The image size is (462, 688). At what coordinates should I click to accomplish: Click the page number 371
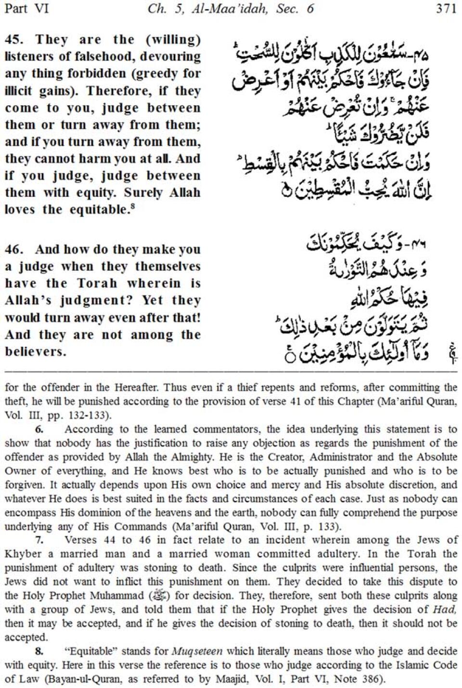point(446,9)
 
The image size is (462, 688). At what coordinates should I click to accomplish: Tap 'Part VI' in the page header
point(26,9)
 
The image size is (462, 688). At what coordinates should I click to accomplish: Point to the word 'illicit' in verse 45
point(18,91)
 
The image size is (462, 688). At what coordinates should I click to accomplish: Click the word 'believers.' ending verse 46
point(35,352)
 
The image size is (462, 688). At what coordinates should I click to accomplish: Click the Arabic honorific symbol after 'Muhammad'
point(160,596)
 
